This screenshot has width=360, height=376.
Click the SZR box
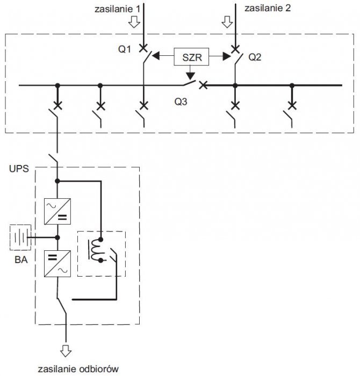pos(191,57)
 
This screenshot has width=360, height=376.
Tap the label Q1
pos(125,49)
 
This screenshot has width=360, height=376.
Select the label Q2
pos(255,57)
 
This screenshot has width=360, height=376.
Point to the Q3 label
pos(181,102)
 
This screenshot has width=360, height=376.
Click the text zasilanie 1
pos(117,9)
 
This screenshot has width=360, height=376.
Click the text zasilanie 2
pos(268,8)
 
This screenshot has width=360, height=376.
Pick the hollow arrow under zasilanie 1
pos(134,22)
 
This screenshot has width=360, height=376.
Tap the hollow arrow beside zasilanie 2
pos(227,22)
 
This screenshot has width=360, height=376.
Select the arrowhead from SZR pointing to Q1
pos(156,56)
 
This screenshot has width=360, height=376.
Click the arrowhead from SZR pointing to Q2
pos(227,56)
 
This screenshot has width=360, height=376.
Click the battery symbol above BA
pos(20,237)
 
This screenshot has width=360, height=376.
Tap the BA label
pos(21,259)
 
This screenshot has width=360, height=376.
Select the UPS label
pos(19,169)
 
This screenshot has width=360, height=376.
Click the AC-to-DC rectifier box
pos(57,211)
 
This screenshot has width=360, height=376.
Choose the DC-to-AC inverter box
pos(57,264)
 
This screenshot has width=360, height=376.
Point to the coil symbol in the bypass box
pos(96,250)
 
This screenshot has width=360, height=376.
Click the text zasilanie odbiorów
pos(78,369)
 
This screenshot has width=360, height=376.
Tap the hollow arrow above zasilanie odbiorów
pos(66,351)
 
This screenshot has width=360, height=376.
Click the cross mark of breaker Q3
pos(204,85)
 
